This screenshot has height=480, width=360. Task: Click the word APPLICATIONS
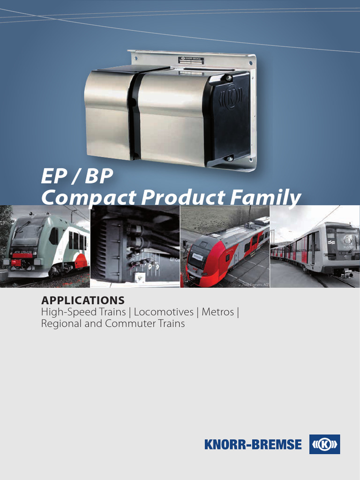coord(82,300)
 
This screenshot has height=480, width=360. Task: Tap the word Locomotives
coord(164,312)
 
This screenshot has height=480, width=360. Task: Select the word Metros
coord(217,312)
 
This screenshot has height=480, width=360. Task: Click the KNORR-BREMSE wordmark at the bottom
coord(253,444)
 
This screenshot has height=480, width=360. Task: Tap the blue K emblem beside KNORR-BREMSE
coord(324,444)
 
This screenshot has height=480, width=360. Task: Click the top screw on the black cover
coord(228,78)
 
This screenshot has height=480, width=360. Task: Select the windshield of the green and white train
coord(27,234)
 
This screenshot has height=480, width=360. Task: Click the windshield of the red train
coord(199,255)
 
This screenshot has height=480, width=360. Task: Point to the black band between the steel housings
coord(135,115)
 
